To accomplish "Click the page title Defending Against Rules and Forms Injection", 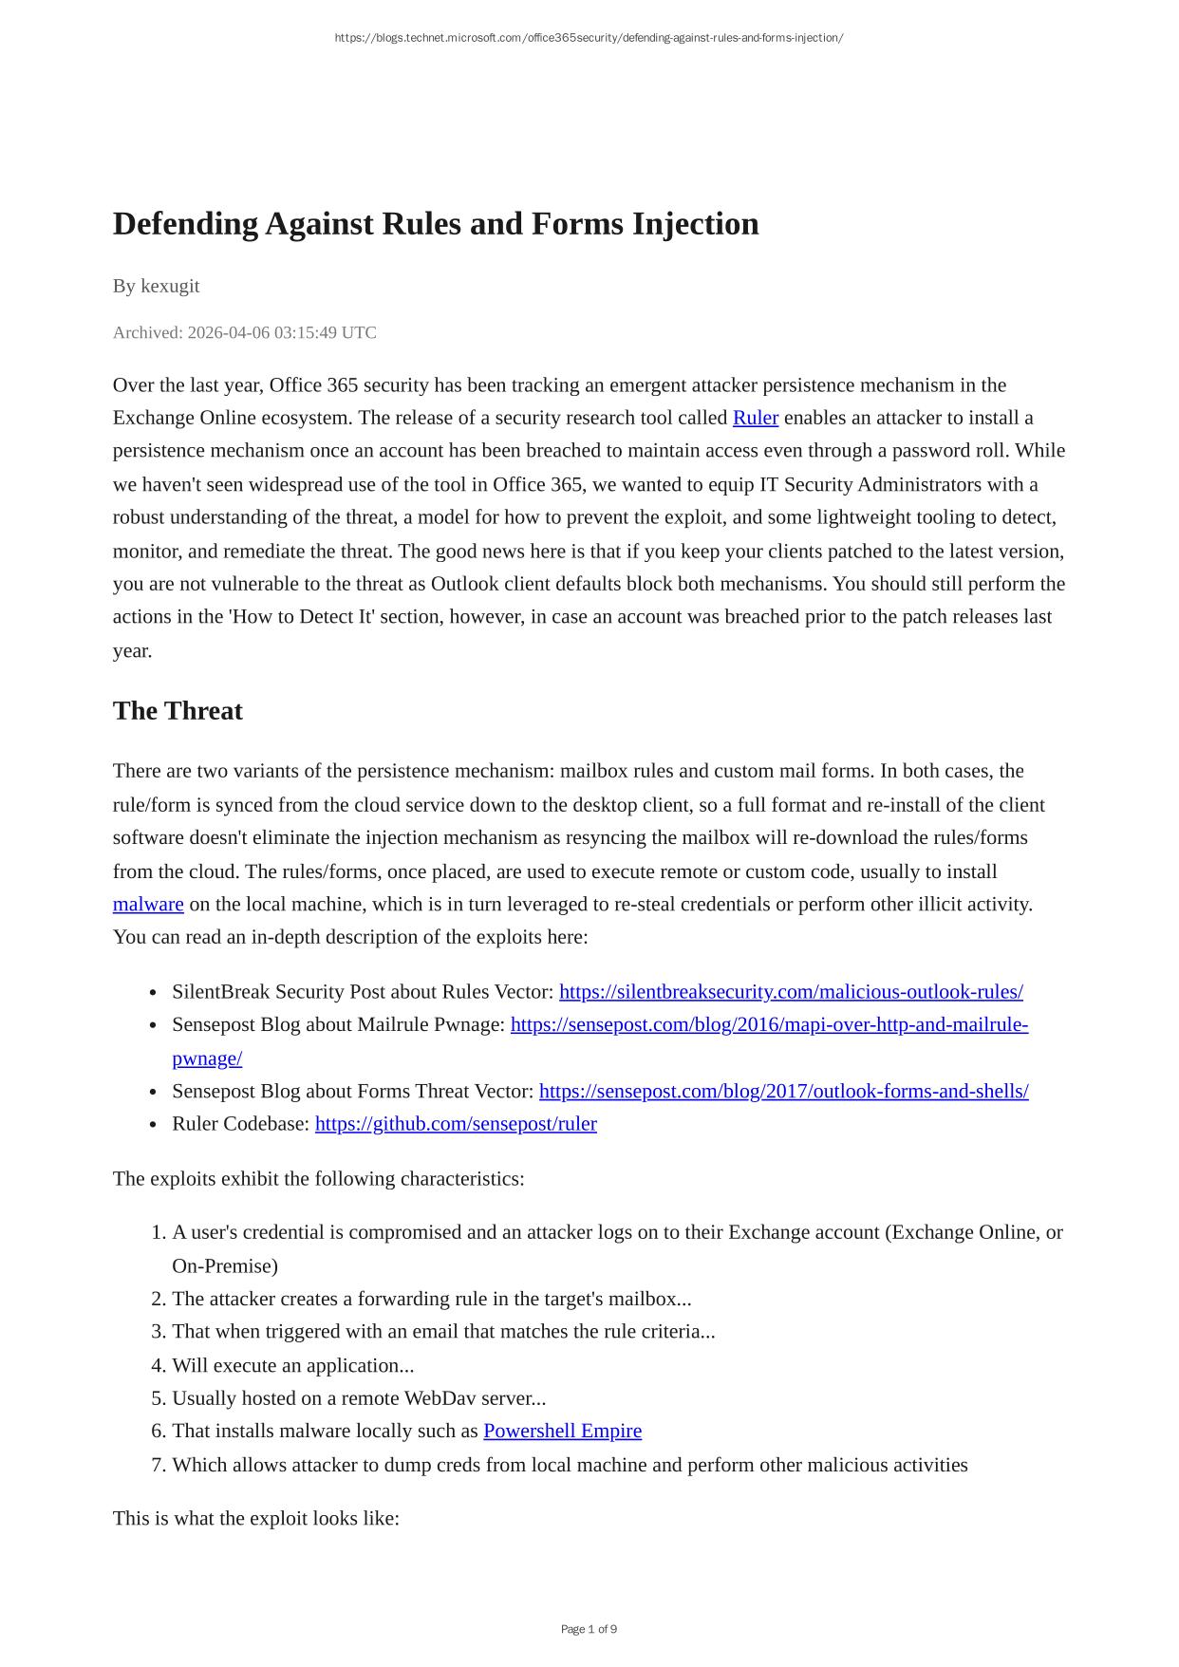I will click(436, 224).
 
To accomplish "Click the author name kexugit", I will click(170, 286).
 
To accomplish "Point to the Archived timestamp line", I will click(244, 332).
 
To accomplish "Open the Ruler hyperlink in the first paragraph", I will click(755, 418).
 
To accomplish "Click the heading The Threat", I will click(178, 711).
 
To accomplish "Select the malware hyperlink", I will click(148, 904).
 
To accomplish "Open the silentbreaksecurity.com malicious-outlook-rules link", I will click(791, 992).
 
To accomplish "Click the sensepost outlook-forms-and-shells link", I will click(783, 1091).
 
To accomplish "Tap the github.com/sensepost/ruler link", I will click(456, 1124).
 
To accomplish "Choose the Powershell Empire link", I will click(562, 1431).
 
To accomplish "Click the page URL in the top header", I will click(589, 38).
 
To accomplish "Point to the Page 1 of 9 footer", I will click(589, 1629).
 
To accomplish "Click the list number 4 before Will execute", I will click(159, 1365).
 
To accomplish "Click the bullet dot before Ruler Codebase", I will click(153, 1125).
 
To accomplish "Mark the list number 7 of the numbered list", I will click(159, 1465).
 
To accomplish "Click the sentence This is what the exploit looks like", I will click(255, 1518).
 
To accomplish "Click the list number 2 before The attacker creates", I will click(159, 1299).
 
